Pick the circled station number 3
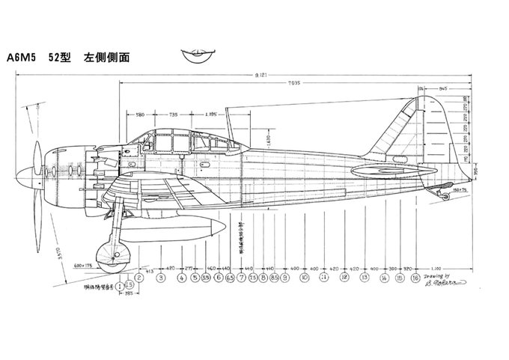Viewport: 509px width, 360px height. coord(161,278)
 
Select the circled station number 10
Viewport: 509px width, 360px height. coord(305,278)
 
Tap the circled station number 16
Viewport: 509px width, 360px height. coord(415,278)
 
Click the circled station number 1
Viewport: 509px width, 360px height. coord(121,285)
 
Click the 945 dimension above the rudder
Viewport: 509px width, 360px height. coord(444,88)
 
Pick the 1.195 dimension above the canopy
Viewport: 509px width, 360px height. coord(210,115)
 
